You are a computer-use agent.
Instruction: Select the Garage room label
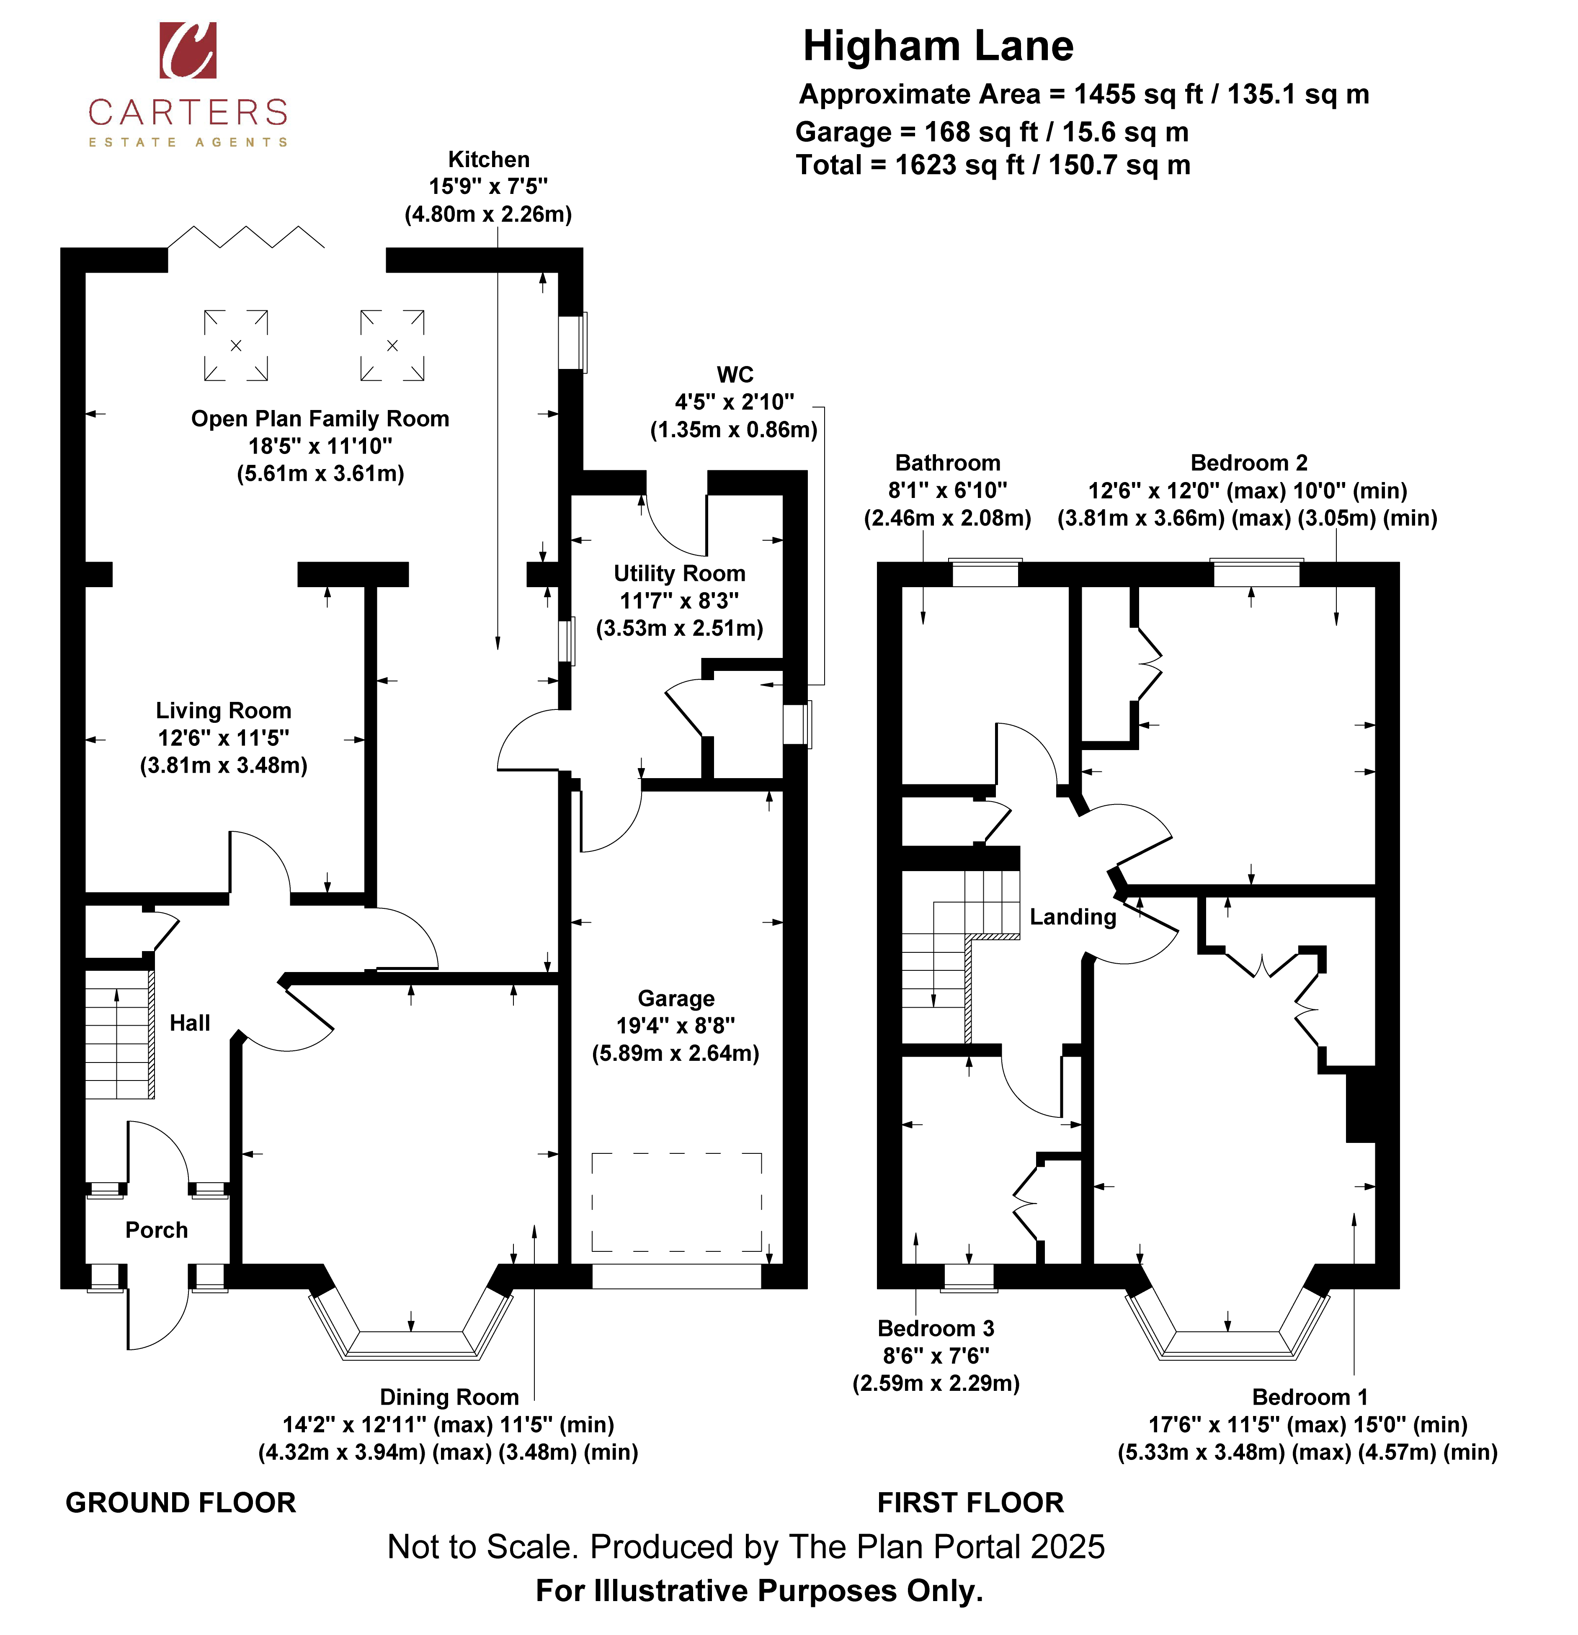pyautogui.click(x=676, y=998)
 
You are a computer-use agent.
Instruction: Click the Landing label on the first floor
pyautogui.click(x=1073, y=917)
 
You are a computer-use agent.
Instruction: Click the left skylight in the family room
pyautogui.click(x=236, y=346)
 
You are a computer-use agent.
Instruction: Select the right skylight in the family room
pyautogui.click(x=392, y=346)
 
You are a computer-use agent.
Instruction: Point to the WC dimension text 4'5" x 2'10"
pyautogui.click(x=734, y=402)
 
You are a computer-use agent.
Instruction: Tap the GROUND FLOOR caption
pyautogui.click(x=181, y=1502)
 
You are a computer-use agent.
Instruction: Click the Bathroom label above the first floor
pyautogui.click(x=947, y=463)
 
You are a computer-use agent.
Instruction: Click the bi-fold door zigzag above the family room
pyautogui.click(x=246, y=237)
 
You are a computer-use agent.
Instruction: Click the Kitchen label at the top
pyautogui.click(x=489, y=159)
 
